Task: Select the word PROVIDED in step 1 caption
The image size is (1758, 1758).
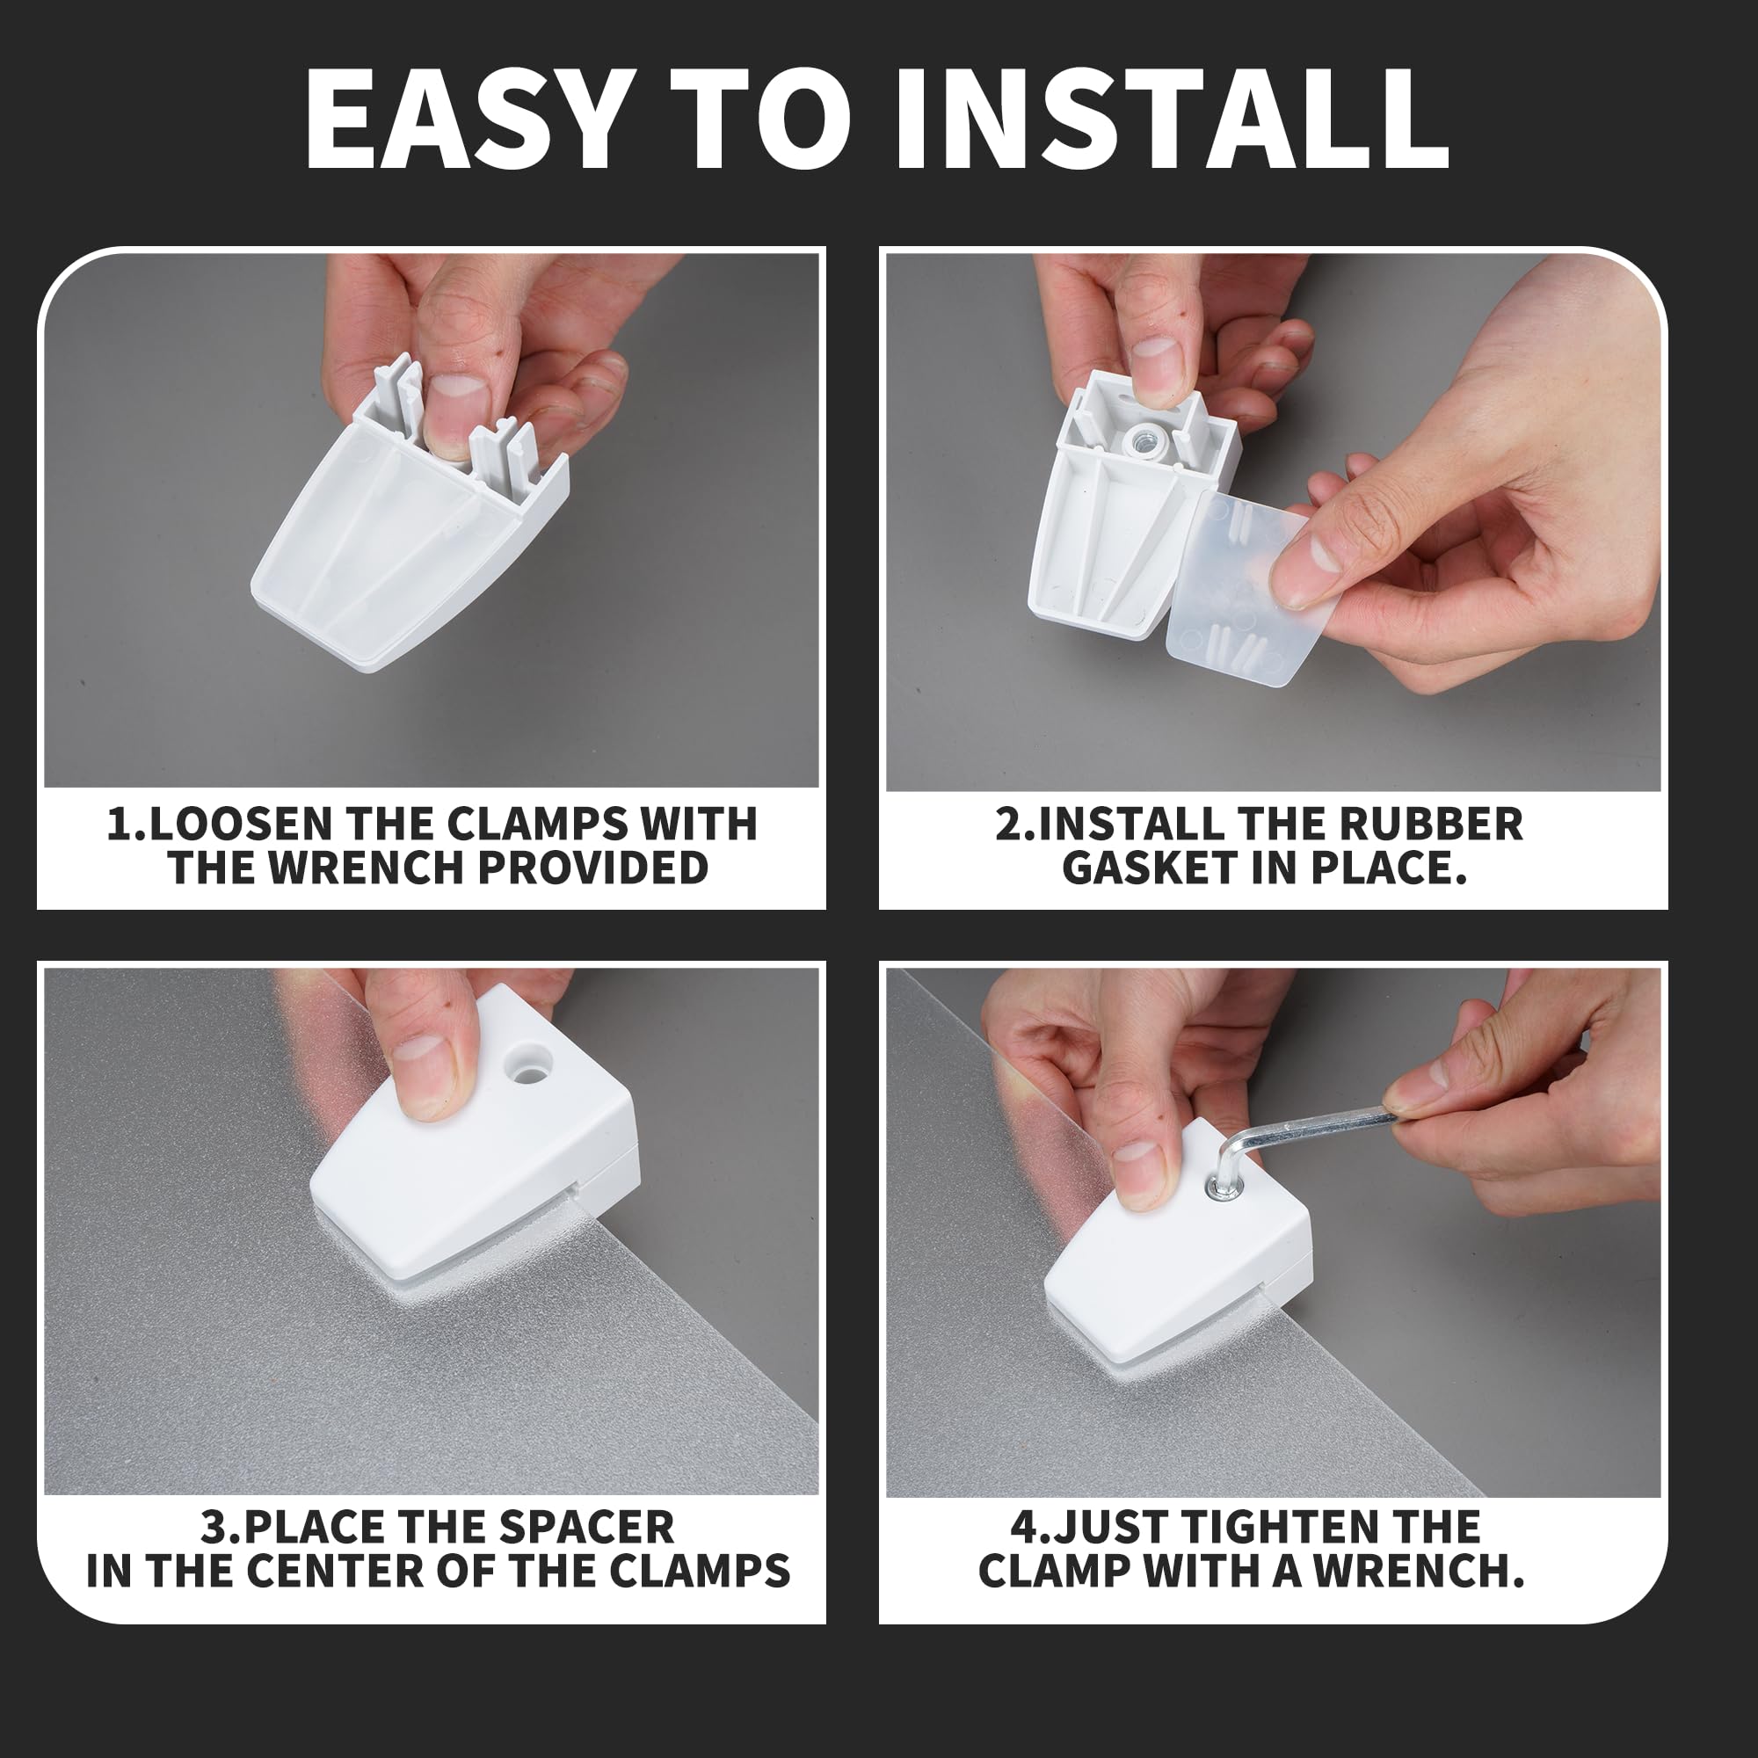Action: (x=592, y=868)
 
